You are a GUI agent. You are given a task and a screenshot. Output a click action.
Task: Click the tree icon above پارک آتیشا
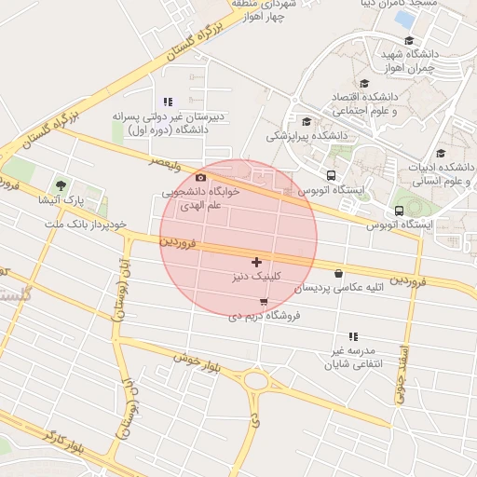61,186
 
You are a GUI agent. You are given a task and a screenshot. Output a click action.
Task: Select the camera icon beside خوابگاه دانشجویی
200,177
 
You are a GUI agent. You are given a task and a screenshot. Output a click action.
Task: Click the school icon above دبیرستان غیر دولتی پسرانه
168,102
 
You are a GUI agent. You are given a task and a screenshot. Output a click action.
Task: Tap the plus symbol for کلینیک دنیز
256,263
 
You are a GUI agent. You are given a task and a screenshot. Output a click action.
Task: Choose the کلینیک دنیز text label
254,278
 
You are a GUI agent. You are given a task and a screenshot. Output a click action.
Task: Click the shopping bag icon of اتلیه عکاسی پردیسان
337,274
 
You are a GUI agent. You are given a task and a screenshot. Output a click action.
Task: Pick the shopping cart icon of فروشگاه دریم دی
265,302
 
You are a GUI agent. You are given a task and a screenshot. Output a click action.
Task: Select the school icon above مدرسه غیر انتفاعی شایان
352,336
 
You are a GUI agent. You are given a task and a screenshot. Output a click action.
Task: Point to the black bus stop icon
332,174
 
